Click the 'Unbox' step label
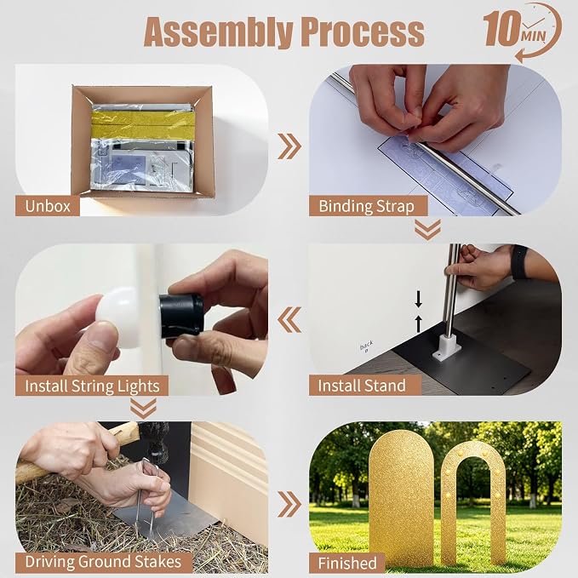tap(48, 206)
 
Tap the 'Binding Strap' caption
tap(366, 206)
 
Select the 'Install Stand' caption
tap(362, 386)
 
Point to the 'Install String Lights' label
tap(92, 386)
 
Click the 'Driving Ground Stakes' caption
tap(103, 562)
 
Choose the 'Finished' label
tap(347, 564)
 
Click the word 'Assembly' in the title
tap(218, 32)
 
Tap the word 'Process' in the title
tap(363, 32)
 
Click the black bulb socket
tap(181, 317)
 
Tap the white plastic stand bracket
tap(446, 347)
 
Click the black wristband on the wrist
tap(519, 262)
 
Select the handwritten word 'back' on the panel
tap(366, 346)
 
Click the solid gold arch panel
tap(401, 495)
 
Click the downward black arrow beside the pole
tap(418, 299)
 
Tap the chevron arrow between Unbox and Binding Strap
tap(289, 146)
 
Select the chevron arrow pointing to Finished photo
tap(289, 504)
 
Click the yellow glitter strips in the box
tap(143, 124)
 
